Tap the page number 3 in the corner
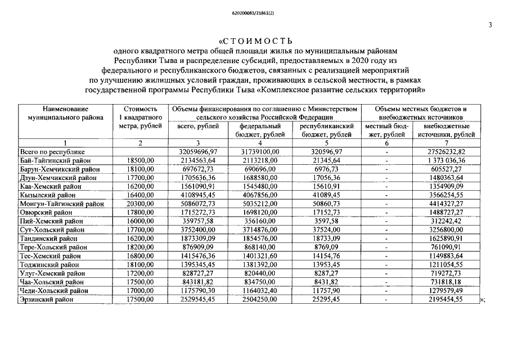490,25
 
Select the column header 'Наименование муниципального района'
66,113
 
